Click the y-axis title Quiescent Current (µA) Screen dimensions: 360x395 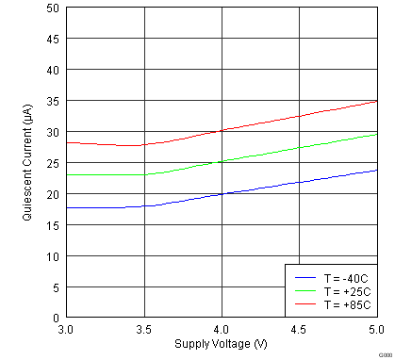(28, 162)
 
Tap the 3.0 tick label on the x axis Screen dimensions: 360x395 (66, 331)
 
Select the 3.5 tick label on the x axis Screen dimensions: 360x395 (143, 331)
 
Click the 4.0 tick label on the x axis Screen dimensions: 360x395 (222, 331)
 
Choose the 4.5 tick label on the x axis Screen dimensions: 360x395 (299, 331)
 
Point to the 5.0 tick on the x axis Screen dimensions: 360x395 (376, 331)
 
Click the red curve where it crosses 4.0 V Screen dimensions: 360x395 (222, 131)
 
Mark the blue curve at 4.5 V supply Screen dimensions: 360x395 (299, 182)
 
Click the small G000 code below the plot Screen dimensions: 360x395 (385, 354)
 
